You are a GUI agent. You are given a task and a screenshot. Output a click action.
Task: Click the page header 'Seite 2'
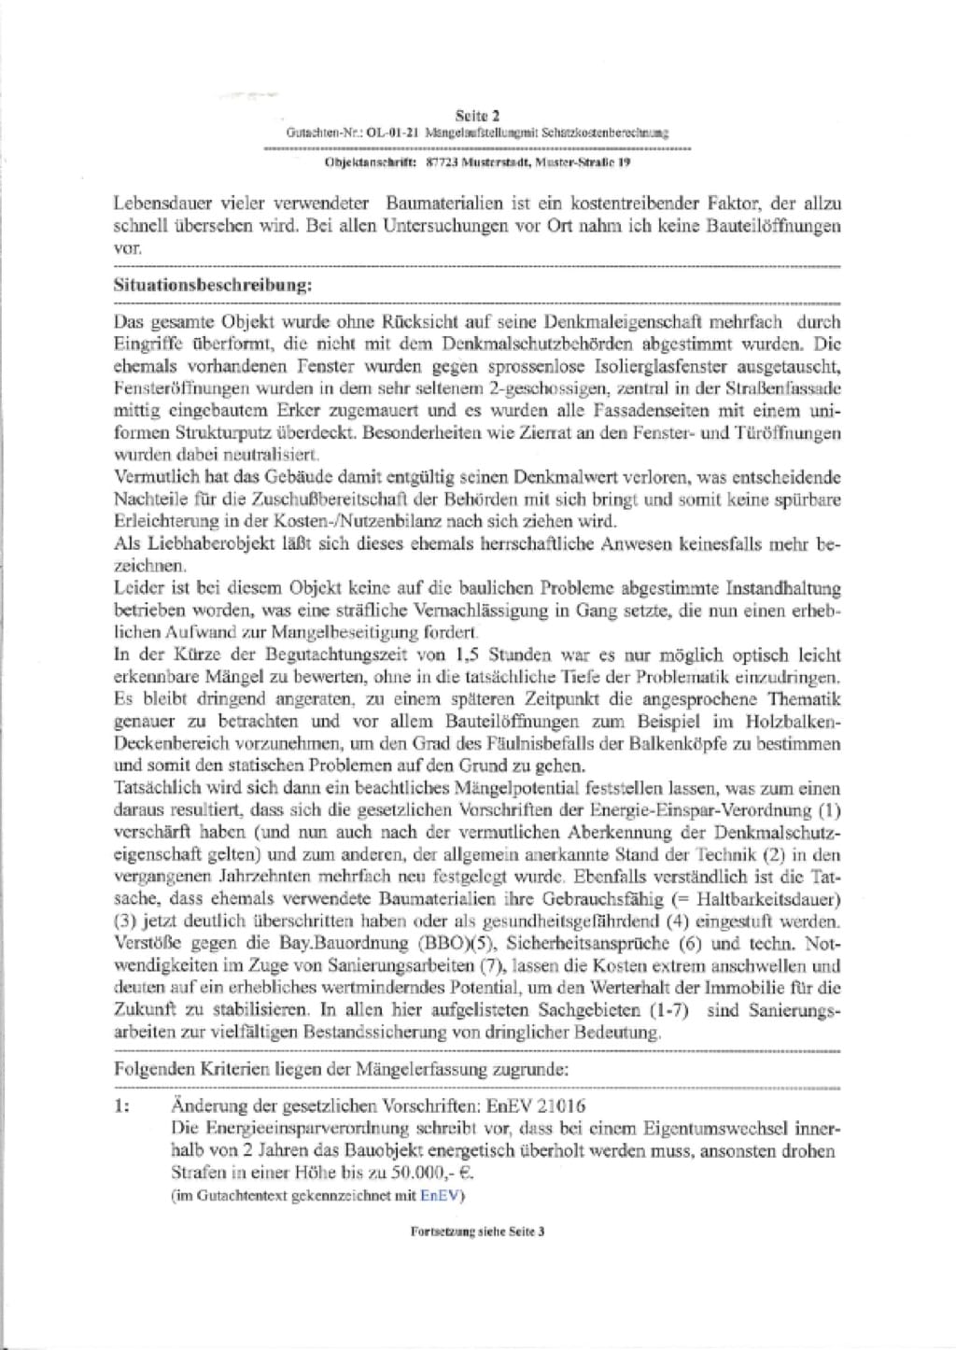(477, 116)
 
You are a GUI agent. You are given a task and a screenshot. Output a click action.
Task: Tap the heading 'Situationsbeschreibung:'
(212, 285)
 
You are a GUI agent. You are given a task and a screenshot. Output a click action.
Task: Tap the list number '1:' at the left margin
(122, 1106)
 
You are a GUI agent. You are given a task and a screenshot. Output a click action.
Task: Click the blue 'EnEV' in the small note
(435, 1195)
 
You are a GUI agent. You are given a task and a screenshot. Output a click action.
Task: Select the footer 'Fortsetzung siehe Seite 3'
(477, 1231)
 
